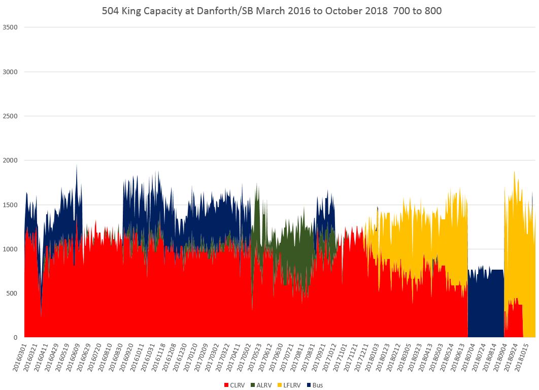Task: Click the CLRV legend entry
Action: tap(234, 385)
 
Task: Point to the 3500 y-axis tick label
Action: tap(11, 27)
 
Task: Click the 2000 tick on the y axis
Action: tap(11, 160)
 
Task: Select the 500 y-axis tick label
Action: tap(12, 294)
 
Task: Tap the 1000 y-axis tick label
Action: tap(11, 249)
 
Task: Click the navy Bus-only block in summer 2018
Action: tap(485, 305)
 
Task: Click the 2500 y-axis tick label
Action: tap(11, 116)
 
